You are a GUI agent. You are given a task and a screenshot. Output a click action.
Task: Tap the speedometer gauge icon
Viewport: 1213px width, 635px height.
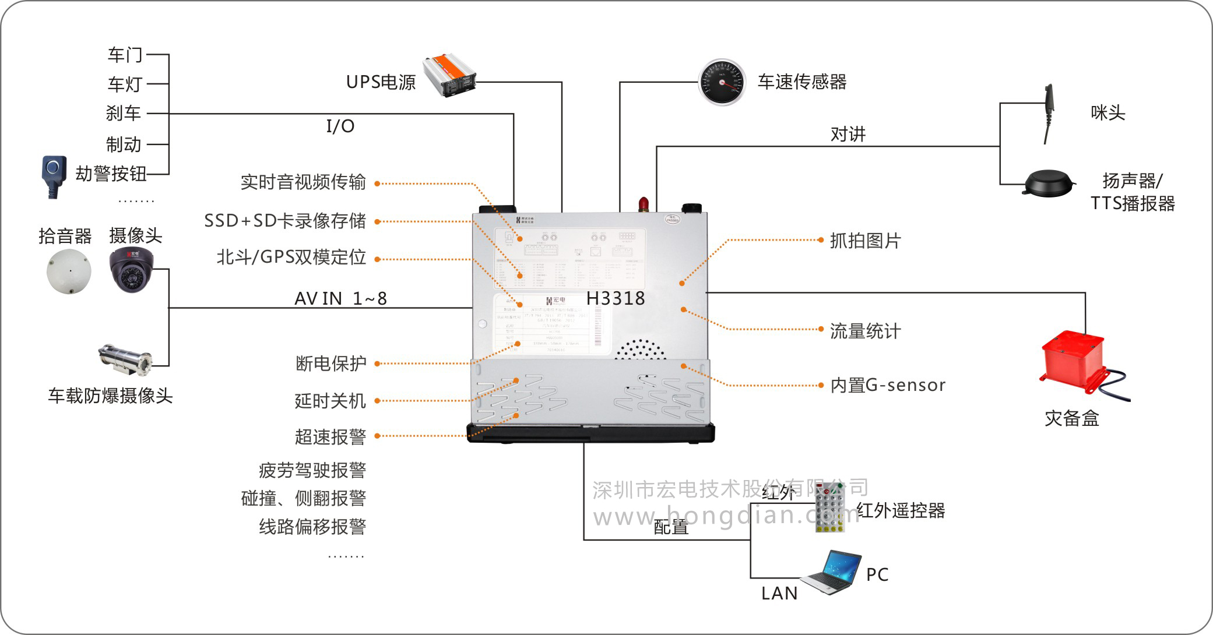722,82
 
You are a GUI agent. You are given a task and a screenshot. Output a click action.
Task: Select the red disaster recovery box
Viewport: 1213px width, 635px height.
1073,361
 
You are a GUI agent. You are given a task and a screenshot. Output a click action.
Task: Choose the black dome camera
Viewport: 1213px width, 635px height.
131,269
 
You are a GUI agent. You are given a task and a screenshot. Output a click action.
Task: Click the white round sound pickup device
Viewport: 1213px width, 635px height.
69,271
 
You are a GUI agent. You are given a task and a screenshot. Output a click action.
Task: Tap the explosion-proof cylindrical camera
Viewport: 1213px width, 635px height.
125,357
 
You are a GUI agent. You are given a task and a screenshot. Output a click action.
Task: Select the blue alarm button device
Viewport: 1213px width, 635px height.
53,176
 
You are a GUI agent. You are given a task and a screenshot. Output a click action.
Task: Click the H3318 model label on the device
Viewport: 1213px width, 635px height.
616,298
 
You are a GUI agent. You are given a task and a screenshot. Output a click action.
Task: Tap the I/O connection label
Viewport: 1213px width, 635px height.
340,126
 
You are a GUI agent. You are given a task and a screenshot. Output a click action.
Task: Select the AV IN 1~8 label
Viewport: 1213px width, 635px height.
340,298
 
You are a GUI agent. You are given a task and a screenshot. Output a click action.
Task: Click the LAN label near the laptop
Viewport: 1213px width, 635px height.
779,593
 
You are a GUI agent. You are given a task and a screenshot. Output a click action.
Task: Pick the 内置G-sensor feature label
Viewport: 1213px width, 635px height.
888,385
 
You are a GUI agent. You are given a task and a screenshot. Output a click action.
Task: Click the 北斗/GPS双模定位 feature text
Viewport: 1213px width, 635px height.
291,257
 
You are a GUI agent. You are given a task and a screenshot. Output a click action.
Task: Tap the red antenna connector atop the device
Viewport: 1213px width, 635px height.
644,204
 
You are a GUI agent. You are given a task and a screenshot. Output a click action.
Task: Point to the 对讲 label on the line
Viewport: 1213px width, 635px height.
848,135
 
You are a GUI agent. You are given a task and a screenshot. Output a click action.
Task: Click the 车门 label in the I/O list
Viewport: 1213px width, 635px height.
125,55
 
